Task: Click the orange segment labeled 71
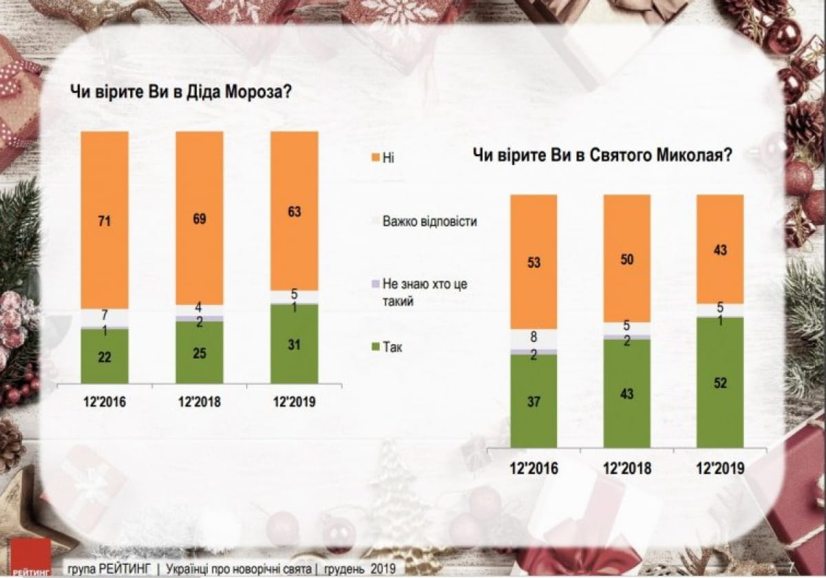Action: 105,220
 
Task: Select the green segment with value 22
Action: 105,356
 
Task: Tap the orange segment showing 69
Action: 199,218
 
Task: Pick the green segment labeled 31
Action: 294,343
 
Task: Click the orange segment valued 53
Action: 533,261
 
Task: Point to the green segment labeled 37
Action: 533,400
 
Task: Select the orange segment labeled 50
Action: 627,259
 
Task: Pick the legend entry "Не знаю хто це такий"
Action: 424,292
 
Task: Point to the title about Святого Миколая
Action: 601,156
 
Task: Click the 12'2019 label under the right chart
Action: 720,469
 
